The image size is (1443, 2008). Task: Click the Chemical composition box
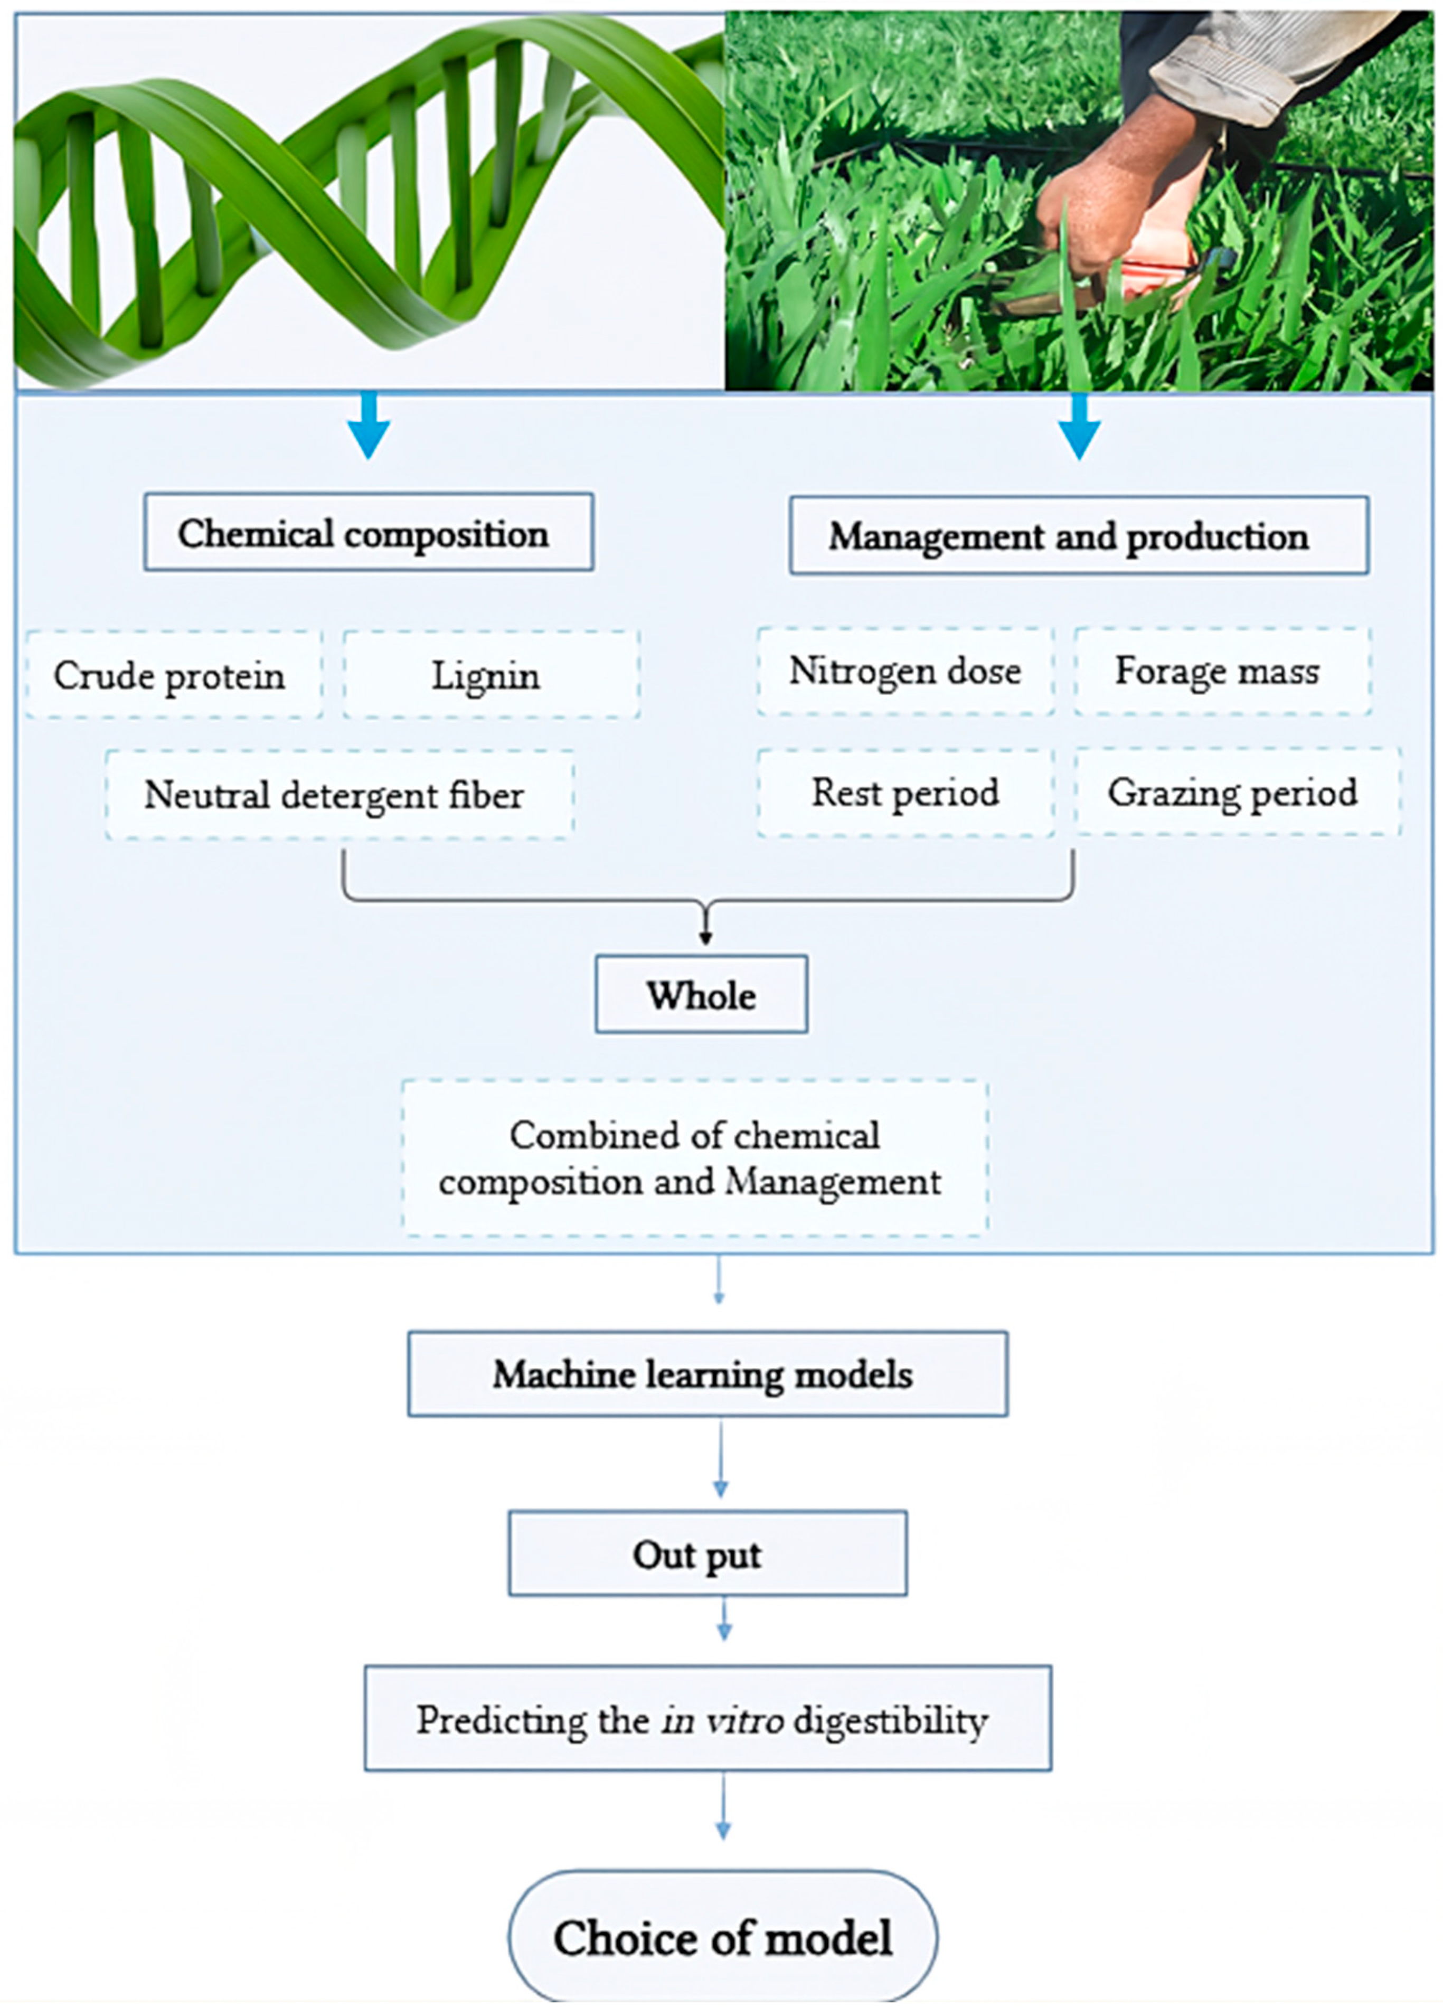369,532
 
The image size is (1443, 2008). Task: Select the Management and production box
1078,535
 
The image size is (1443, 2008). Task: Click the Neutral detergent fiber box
339,794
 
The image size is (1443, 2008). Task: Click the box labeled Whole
701,994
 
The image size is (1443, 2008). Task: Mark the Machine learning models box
706,1374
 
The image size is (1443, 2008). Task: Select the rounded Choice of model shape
722,1937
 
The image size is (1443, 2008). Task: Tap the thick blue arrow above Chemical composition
369,425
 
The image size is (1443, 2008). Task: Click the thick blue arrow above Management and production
1078,425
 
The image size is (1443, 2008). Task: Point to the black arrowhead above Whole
705,937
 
